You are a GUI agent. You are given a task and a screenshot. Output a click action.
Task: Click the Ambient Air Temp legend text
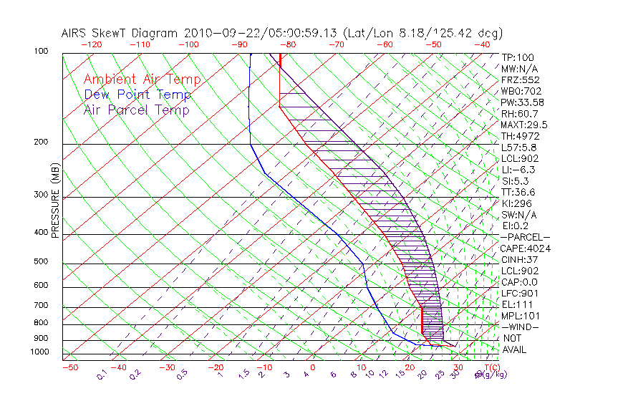pos(142,79)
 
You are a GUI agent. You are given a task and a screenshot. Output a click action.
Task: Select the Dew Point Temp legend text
pos(137,95)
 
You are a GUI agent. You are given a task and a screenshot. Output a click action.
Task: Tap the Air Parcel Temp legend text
pos(136,110)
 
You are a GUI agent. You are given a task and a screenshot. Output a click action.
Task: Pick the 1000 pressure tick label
pos(40,352)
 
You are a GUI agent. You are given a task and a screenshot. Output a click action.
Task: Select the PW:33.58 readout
pos(522,102)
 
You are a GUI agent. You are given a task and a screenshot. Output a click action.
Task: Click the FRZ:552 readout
pos(520,79)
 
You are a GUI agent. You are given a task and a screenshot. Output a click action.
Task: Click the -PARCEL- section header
pos(525,237)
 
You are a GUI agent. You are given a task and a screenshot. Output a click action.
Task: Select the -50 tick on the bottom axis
pos(69,367)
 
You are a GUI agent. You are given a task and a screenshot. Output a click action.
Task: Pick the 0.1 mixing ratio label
pos(102,374)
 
